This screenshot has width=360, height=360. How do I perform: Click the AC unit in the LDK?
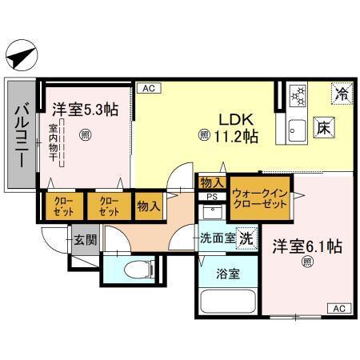pos(148,89)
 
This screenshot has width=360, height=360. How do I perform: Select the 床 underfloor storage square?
pos(322,126)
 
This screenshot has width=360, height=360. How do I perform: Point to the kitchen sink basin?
pos(297,128)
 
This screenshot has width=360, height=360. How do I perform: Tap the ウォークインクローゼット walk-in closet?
pos(259,198)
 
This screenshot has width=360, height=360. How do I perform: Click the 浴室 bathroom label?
pos(226,273)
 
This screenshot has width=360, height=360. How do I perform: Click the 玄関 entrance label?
pos(85,238)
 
